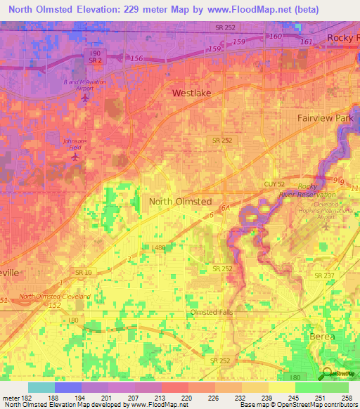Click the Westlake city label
(x=192, y=93)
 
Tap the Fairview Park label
(x=325, y=118)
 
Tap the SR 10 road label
(x=84, y=272)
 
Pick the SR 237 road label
(x=325, y=275)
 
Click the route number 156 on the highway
(x=137, y=58)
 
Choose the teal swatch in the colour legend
(x=41, y=387)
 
